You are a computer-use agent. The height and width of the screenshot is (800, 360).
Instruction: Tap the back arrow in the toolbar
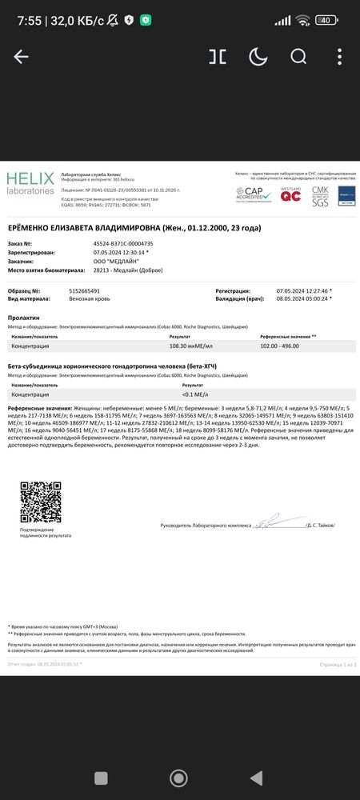click(21, 56)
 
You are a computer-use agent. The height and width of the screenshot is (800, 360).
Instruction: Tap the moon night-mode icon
click(258, 56)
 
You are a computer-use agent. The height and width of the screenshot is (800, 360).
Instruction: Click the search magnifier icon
click(298, 56)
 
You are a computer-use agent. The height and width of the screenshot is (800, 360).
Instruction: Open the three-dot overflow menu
click(340, 56)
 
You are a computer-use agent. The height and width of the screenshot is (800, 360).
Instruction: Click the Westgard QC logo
click(290, 194)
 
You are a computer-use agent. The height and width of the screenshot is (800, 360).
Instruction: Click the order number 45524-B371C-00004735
click(123, 242)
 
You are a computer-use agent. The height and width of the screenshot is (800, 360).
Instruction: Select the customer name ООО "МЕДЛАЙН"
click(118, 261)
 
